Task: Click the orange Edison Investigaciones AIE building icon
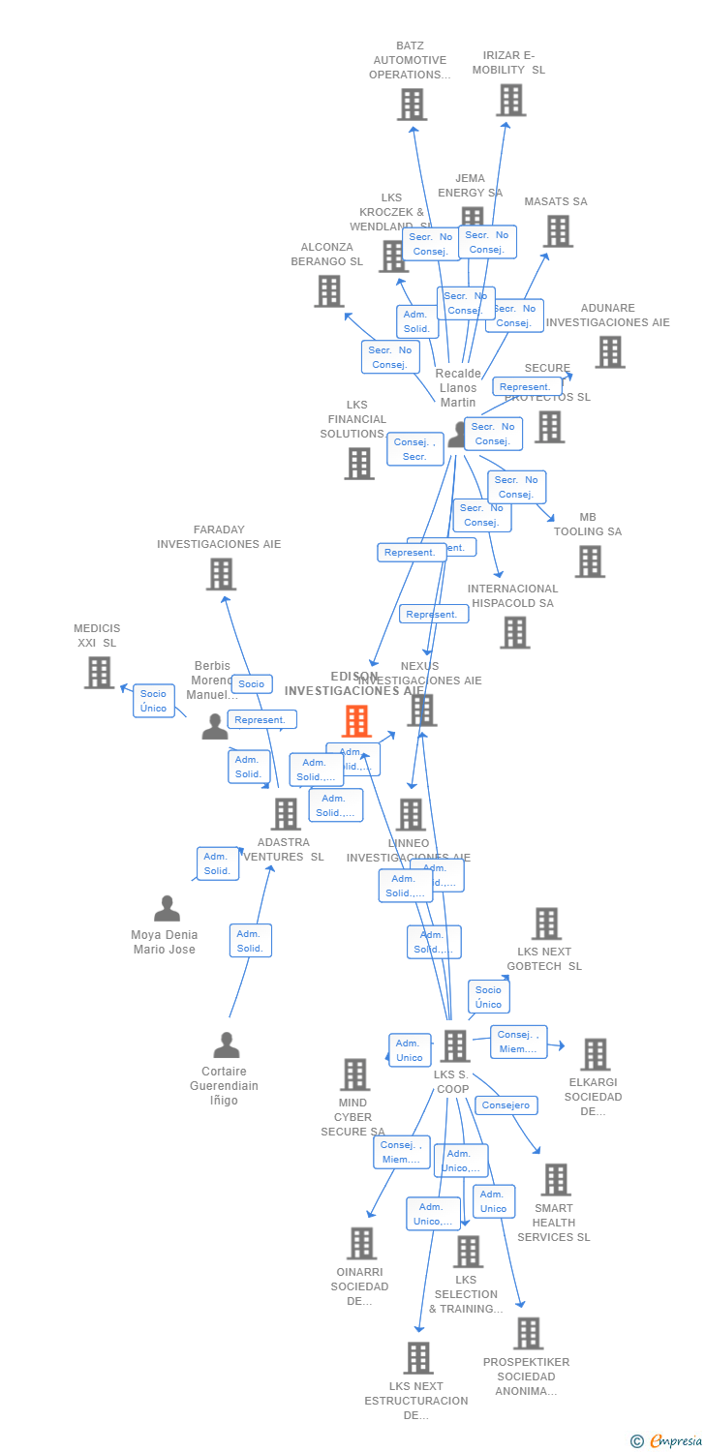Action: [356, 721]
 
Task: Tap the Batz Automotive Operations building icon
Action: [412, 105]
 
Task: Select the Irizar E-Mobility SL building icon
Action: [510, 100]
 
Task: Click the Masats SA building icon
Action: [558, 231]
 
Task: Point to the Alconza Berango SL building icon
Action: [329, 290]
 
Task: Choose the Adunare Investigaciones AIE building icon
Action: [609, 352]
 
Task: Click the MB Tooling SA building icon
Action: [589, 561]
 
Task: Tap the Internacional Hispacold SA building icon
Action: [514, 633]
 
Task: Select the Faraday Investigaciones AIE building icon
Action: [221, 574]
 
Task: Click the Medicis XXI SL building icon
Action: [99, 673]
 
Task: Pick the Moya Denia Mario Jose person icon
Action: [167, 909]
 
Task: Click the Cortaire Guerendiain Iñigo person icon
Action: [226, 1045]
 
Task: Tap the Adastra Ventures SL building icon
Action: [285, 814]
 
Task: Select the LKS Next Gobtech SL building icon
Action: [546, 923]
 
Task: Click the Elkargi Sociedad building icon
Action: [595, 1054]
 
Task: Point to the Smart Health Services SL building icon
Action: [556, 1180]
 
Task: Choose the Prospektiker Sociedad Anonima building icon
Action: [528, 1334]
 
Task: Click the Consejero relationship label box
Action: [506, 1105]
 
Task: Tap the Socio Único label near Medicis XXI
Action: [153, 701]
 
